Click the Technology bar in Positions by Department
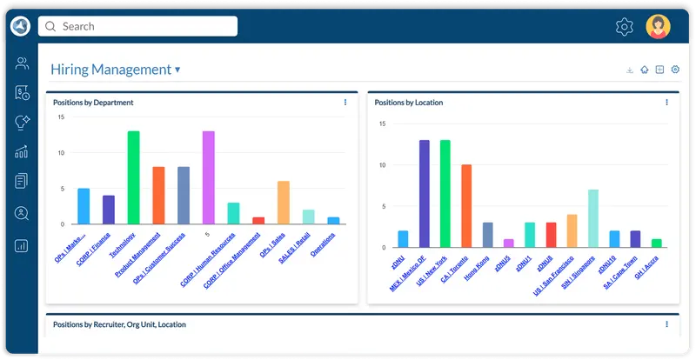click(134, 177)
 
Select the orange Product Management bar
click(158, 196)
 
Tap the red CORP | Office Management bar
click(258, 221)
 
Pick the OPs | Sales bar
click(284, 203)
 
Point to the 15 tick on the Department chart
click(61, 117)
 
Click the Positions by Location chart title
click(409, 103)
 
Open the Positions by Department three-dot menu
click(345, 103)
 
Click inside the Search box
click(139, 26)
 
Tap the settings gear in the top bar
click(624, 27)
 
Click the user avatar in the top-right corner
click(659, 27)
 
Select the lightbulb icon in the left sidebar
click(22, 123)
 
